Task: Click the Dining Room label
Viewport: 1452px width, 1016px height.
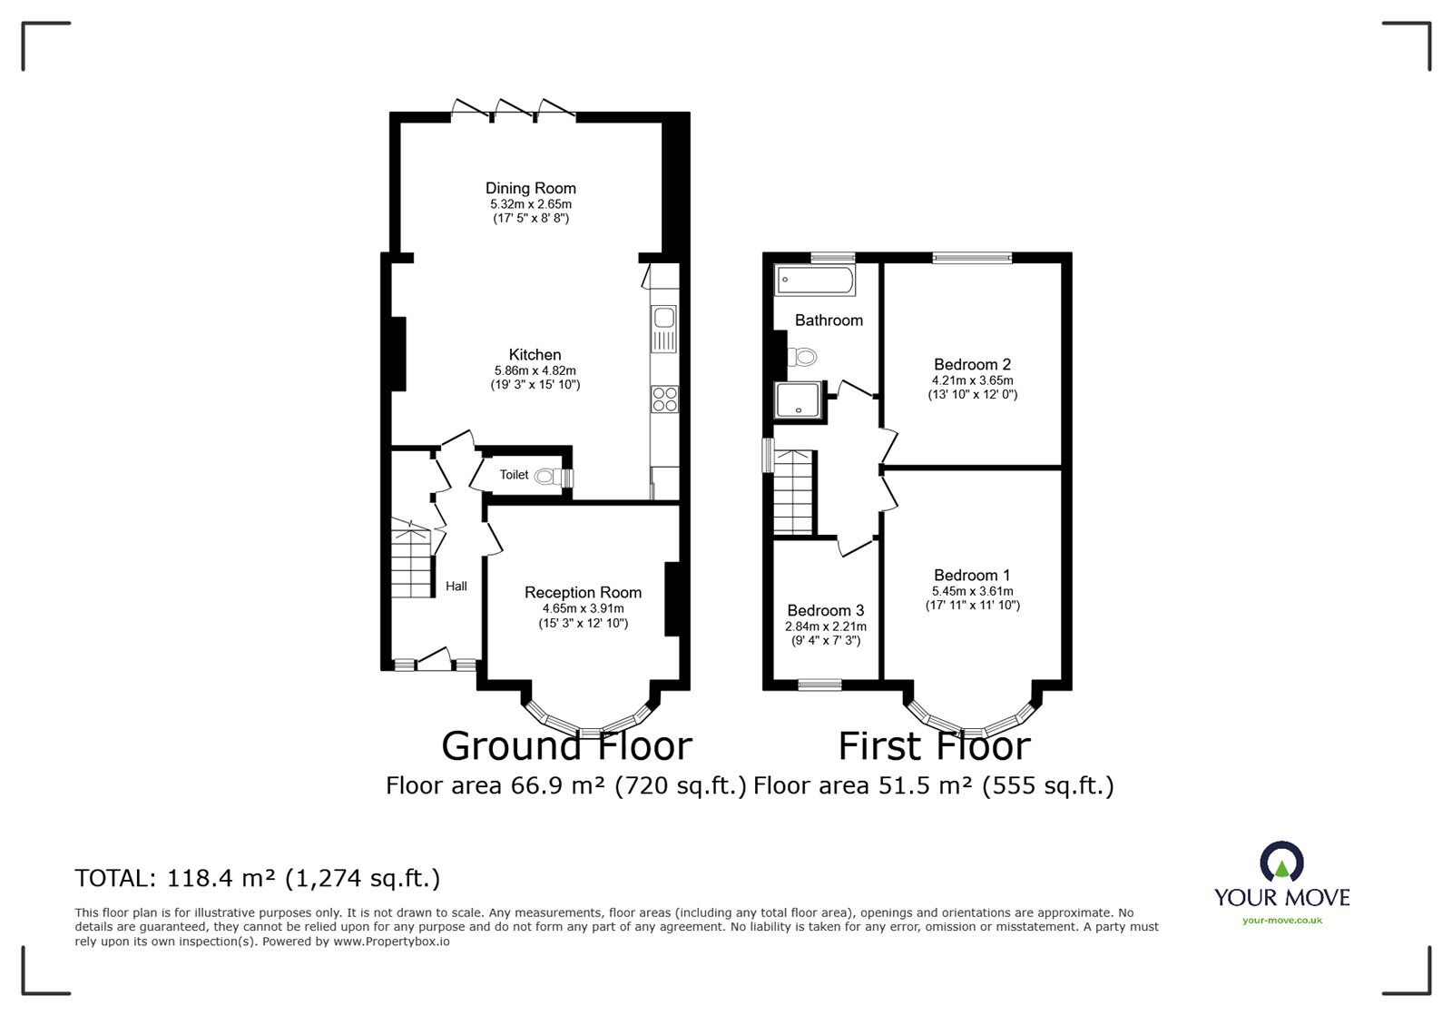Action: (x=530, y=188)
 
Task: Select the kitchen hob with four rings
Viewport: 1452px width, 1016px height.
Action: (x=664, y=399)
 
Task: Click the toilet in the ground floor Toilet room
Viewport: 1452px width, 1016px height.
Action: (x=548, y=475)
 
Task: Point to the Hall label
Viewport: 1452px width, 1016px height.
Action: (x=456, y=587)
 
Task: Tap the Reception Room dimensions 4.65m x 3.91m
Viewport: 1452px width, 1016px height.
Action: (x=583, y=608)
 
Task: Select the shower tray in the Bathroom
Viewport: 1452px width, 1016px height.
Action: (x=800, y=402)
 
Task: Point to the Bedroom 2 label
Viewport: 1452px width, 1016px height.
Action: (x=972, y=365)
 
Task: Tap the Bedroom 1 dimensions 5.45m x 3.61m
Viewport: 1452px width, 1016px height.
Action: (x=972, y=591)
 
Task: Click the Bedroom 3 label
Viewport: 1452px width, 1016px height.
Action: (x=825, y=611)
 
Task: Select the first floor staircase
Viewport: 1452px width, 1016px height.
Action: (x=793, y=492)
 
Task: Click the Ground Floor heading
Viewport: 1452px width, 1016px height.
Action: (x=566, y=746)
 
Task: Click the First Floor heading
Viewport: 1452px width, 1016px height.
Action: (x=934, y=746)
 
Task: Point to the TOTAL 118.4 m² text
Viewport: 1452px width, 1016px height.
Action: (x=257, y=878)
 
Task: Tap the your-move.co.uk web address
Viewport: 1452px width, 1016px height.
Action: (x=1281, y=920)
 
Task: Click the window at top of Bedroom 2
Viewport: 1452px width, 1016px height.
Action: (x=972, y=258)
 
